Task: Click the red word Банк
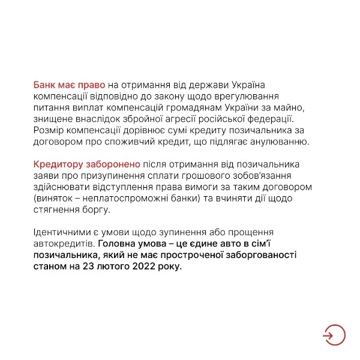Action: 45,85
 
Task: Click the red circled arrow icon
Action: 333,334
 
